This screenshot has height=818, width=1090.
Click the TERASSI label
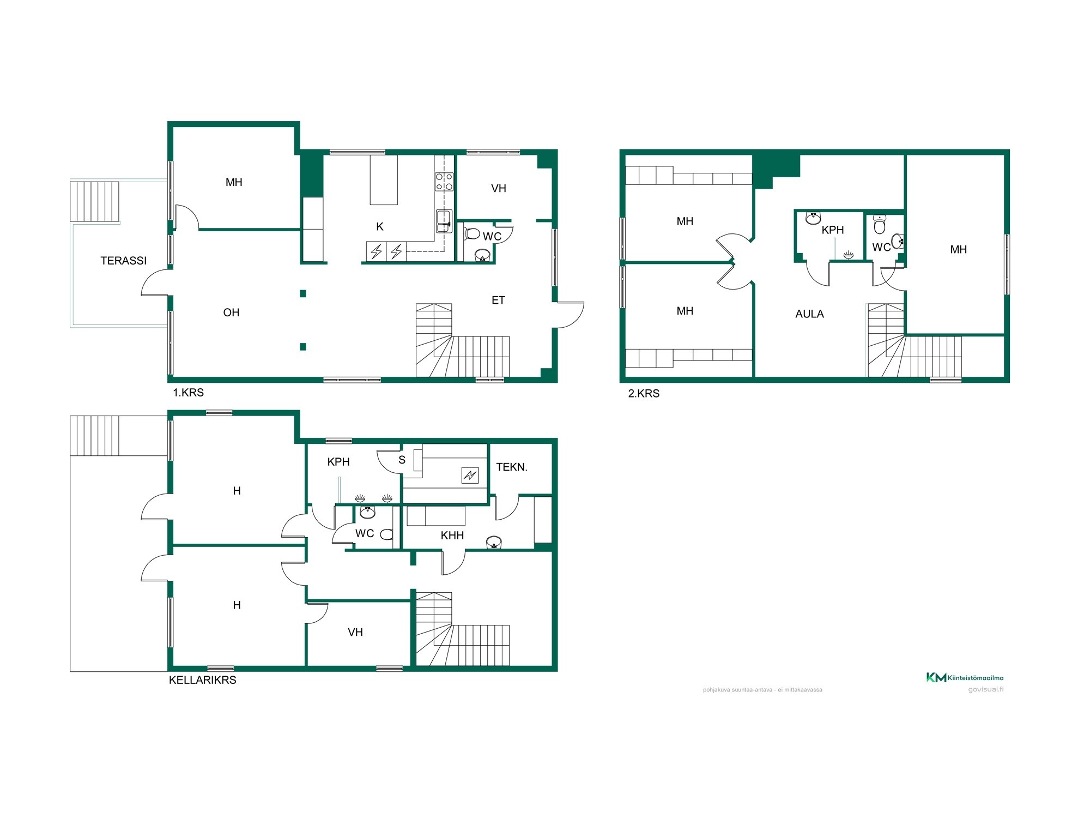tap(124, 261)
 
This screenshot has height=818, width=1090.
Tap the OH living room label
tap(231, 312)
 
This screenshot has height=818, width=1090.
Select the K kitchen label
tap(380, 227)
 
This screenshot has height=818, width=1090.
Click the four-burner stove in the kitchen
tap(444, 182)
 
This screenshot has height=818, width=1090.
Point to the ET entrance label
tap(498, 300)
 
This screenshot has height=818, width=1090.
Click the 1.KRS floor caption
tap(189, 393)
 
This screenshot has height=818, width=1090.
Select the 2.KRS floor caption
tap(644, 394)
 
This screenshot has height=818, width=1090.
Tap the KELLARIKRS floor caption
tap(203, 680)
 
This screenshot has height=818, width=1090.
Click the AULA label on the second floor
tap(809, 314)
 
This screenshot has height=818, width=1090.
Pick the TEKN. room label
tap(512, 467)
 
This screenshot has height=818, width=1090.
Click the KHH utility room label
tap(452, 536)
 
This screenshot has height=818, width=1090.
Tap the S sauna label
tap(402, 460)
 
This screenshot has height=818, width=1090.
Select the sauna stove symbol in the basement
tap(470, 475)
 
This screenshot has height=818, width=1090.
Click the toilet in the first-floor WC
tap(472, 234)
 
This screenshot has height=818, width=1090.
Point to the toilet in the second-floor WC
tap(880, 224)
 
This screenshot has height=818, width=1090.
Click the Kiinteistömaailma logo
tap(965, 678)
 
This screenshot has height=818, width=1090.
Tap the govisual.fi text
tap(986, 689)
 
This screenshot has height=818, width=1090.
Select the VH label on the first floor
tap(499, 189)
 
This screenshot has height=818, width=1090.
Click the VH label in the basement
tap(355, 633)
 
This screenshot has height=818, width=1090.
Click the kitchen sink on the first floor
tap(444, 221)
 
